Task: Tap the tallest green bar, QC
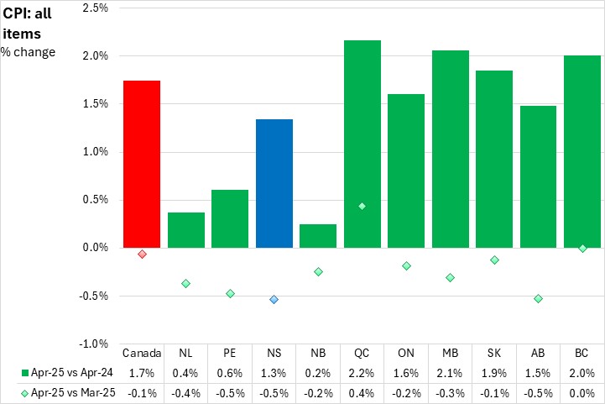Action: [x=362, y=144]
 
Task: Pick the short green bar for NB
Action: [x=318, y=236]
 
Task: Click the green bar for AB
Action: [x=538, y=176]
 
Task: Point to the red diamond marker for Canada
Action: [x=143, y=254]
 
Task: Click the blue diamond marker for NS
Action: [x=274, y=299]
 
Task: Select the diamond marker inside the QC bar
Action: [x=362, y=206]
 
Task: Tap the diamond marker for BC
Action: [x=582, y=249]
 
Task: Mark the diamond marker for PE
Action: [x=230, y=293]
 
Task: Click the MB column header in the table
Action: [x=450, y=353]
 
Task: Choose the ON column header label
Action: [x=406, y=353]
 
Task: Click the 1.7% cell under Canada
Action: [x=142, y=372]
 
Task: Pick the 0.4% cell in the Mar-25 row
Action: [x=362, y=391]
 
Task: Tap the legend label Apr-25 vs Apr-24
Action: [x=66, y=372]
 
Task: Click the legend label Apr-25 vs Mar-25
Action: [x=66, y=391]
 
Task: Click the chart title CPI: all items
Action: [x=29, y=23]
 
